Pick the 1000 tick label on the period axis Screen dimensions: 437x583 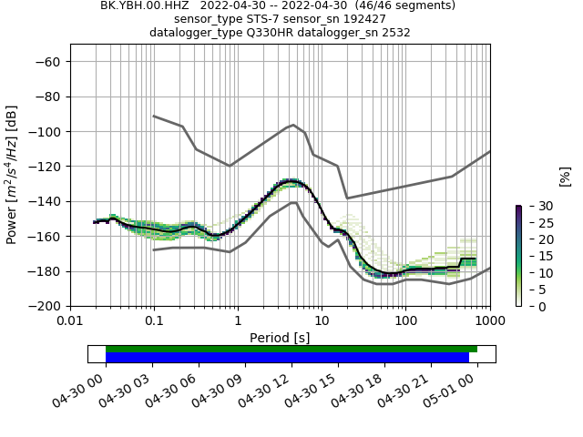(489, 321)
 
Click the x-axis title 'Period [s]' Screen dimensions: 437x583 (280, 338)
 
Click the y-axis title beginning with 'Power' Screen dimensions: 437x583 (13, 175)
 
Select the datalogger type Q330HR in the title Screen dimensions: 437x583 (257, 33)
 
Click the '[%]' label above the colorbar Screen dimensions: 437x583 (565, 176)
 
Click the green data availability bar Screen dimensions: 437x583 (291, 349)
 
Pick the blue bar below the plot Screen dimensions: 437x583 (287, 357)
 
